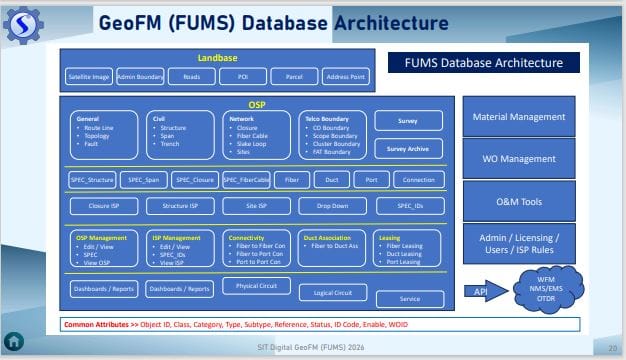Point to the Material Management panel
[x=519, y=117]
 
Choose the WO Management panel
[x=519, y=159]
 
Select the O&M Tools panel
[x=519, y=201]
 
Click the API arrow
[x=488, y=291]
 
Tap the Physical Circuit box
[x=255, y=287]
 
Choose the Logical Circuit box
[x=332, y=293]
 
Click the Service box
[x=409, y=298]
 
